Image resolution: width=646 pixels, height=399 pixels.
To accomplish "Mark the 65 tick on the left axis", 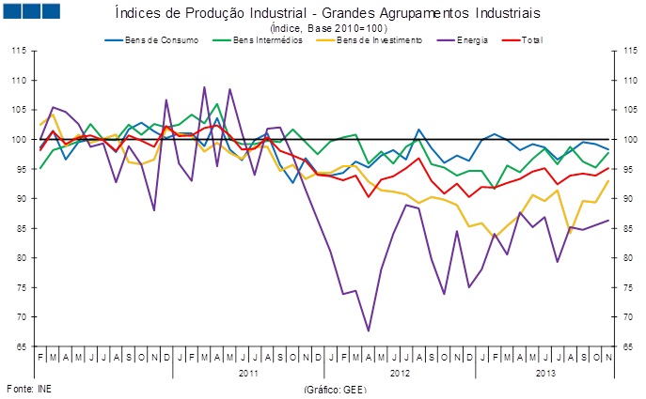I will coord(21,346).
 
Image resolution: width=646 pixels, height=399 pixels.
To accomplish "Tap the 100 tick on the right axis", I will coord(624,140).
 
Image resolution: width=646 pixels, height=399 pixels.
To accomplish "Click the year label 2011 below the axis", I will coord(247,373).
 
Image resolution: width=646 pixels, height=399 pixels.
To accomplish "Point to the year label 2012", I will coord(399,373).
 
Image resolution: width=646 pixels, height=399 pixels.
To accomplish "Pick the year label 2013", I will coord(544,373).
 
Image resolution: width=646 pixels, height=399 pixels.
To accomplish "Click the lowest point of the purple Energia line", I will coord(369,330).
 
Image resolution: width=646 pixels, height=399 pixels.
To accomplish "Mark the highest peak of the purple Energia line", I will coord(205,87).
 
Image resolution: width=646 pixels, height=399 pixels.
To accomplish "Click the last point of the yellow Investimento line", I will coord(608,181).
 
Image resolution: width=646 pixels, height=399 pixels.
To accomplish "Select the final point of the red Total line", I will coord(608,168).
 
